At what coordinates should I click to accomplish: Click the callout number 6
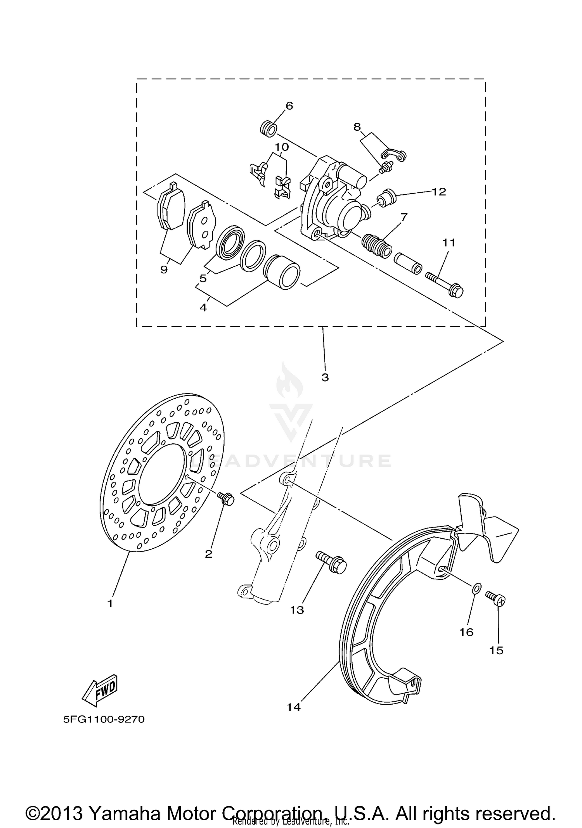click(x=289, y=106)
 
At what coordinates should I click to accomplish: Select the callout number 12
click(x=439, y=192)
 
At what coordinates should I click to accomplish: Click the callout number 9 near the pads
click(x=164, y=269)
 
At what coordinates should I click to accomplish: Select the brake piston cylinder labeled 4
click(x=281, y=271)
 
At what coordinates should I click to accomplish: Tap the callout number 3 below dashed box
click(x=325, y=377)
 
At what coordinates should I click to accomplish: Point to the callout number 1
click(x=110, y=603)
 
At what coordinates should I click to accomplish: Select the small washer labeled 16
click(x=477, y=588)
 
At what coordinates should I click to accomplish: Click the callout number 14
click(x=294, y=707)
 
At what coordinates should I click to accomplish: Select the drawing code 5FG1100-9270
click(x=104, y=720)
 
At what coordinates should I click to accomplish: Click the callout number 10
click(x=282, y=147)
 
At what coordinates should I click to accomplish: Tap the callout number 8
click(x=357, y=127)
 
